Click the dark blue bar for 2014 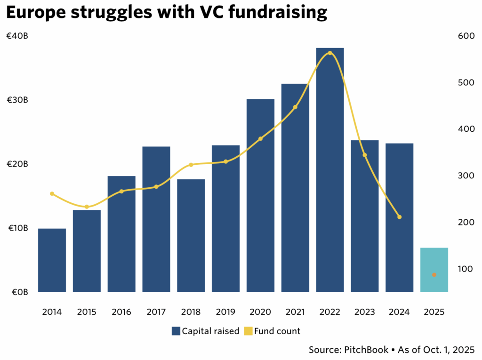pyautogui.click(x=52, y=260)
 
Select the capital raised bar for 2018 pyautogui.click(x=191, y=235)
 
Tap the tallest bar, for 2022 pyautogui.click(x=329, y=169)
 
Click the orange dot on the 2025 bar pyautogui.click(x=434, y=275)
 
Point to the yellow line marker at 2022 pyautogui.click(x=330, y=53)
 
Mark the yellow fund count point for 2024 pyautogui.click(x=399, y=217)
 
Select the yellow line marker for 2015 pyautogui.click(x=87, y=207)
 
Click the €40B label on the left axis pyautogui.click(x=17, y=36)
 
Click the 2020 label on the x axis pyautogui.click(x=260, y=312)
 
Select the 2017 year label pyautogui.click(x=156, y=312)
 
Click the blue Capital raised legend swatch pyautogui.click(x=176, y=331)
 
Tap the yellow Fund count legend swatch pyautogui.click(x=248, y=331)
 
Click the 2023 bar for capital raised pyautogui.click(x=364, y=216)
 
